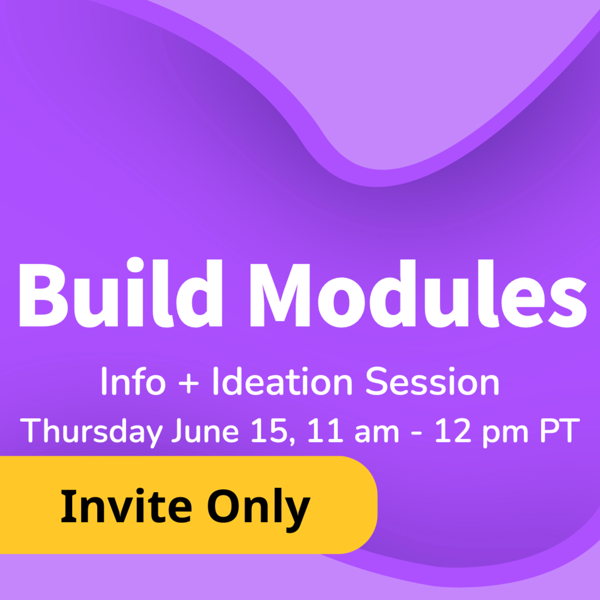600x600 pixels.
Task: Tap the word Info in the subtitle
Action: tap(133, 381)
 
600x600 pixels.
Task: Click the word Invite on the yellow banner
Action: tap(126, 506)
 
